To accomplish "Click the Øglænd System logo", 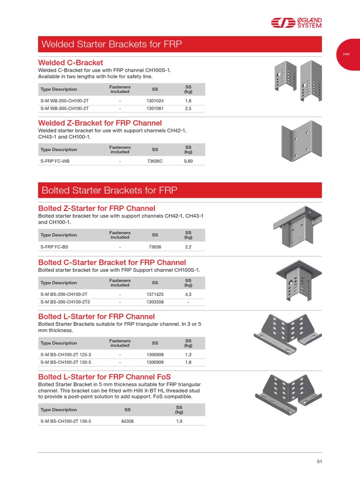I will (x=296, y=23).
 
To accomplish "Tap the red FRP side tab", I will (x=347, y=54).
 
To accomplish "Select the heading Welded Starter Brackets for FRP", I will (x=111, y=45).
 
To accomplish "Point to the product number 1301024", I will (x=155, y=101).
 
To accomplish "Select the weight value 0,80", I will (x=188, y=161).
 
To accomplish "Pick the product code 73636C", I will (x=155, y=161).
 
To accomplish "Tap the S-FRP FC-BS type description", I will (x=55, y=247).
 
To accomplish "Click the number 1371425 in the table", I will (x=155, y=294).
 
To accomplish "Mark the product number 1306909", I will (x=155, y=362).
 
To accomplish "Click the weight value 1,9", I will (x=179, y=421).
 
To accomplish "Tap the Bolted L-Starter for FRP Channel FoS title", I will (x=104, y=377).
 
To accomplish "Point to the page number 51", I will (x=319, y=462).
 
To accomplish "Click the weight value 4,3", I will (x=188, y=294).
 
